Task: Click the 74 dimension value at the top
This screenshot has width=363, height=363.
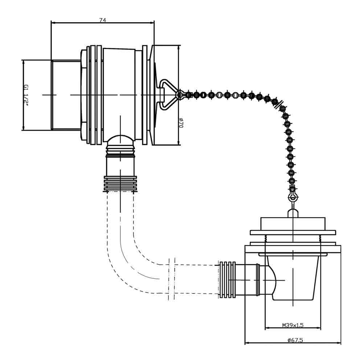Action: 102,20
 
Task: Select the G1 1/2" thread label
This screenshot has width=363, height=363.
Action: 26,95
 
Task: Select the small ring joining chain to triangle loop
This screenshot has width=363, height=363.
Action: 179,95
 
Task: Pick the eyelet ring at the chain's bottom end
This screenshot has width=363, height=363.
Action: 293,197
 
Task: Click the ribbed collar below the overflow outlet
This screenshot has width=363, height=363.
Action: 121,184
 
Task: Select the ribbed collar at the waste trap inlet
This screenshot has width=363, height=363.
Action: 227,280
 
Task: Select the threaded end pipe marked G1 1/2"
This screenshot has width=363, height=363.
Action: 66,95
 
